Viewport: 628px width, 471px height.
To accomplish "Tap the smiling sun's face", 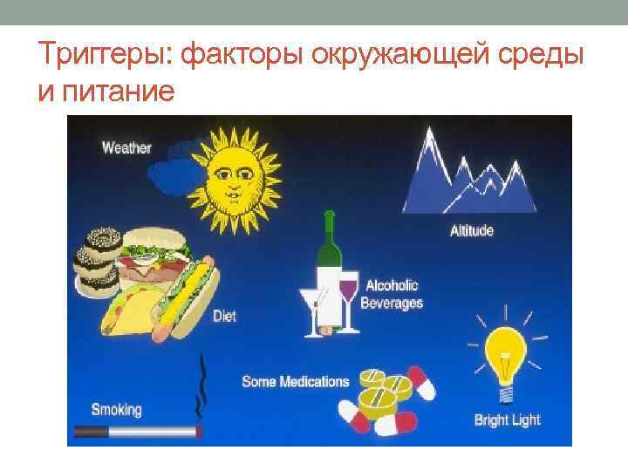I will (x=232, y=174).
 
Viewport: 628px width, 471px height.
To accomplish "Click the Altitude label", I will (x=471, y=231).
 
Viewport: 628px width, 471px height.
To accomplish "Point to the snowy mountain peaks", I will (x=468, y=174).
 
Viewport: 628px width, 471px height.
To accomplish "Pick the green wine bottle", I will (x=329, y=253).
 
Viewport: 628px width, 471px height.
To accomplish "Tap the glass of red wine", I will (x=348, y=292).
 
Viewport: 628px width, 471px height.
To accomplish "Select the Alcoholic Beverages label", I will (x=393, y=294).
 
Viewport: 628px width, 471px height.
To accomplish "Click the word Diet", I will (x=224, y=317).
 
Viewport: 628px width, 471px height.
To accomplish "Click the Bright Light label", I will (x=507, y=420).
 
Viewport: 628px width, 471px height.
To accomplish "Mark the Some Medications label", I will (x=295, y=381).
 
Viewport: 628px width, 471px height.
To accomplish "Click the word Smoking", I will (x=116, y=408).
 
